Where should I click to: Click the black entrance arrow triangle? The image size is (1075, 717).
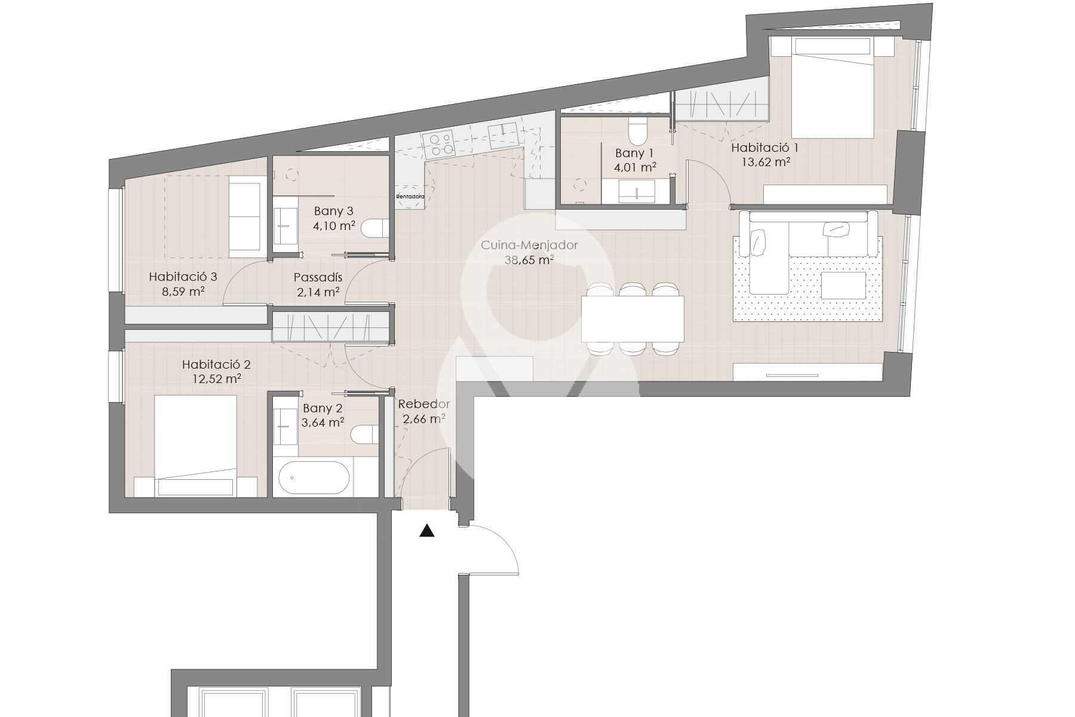[426, 531]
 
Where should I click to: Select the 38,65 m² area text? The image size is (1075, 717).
[529, 260]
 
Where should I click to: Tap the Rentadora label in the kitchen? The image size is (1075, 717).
[410, 196]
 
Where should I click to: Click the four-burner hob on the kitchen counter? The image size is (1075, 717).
[438, 144]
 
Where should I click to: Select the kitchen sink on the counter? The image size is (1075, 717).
[502, 137]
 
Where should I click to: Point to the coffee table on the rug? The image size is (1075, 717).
[844, 286]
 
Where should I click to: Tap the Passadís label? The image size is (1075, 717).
[318, 277]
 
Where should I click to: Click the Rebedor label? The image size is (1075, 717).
[424, 404]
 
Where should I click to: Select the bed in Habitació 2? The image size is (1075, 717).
[196, 446]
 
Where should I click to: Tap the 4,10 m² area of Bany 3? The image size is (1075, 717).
[334, 226]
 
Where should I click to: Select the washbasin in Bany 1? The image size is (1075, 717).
[637, 192]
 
